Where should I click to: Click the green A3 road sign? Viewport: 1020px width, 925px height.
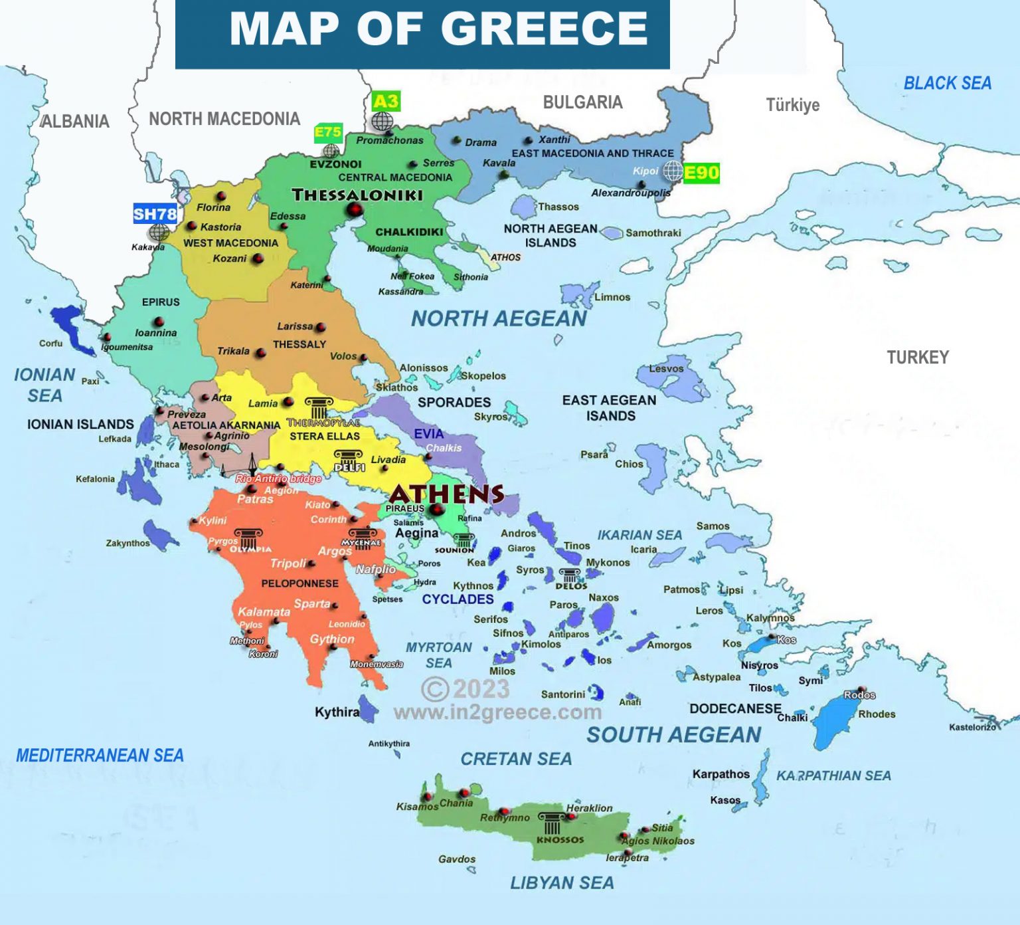coord(386,102)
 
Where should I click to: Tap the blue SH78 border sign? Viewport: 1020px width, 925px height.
coord(155,214)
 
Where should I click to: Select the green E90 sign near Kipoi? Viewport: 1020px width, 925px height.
coord(701,173)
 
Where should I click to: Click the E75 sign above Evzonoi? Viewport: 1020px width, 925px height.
coord(328,132)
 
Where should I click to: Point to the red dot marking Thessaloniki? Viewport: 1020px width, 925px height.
coord(354,210)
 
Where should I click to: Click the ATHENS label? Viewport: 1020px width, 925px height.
coord(446,494)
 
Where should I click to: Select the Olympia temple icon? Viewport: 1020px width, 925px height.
coord(248,538)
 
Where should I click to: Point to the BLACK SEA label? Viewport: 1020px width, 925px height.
coord(947,83)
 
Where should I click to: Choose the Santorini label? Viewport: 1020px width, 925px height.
coord(562,694)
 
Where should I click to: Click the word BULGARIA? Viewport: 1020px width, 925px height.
coord(582,102)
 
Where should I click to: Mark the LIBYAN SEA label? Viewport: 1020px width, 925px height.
coord(562,882)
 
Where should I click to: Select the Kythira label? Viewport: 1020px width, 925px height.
coord(337,712)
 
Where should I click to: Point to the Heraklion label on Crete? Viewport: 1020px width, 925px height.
coord(589,808)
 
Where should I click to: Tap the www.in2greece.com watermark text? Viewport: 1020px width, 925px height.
coord(497,712)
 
